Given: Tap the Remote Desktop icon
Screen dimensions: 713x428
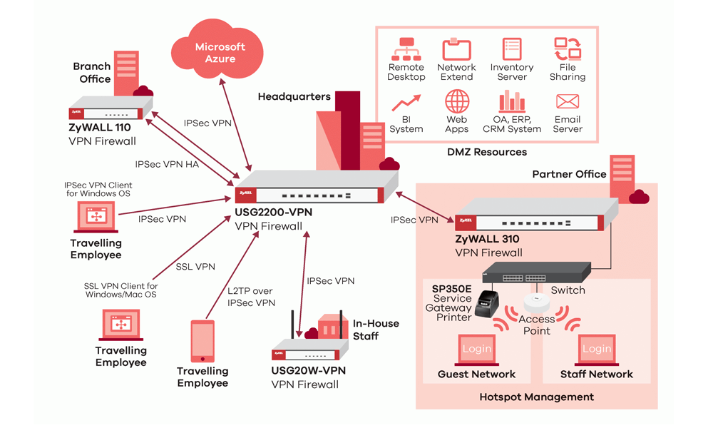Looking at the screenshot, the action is click(406, 49).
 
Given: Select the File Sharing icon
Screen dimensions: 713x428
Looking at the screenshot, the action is click(568, 49).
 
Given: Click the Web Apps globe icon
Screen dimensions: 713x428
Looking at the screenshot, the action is click(456, 101).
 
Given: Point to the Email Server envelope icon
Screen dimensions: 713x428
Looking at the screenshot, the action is click(568, 101).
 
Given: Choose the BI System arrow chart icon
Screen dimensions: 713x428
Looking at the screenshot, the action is click(406, 103).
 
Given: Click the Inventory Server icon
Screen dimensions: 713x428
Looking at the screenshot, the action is click(511, 49).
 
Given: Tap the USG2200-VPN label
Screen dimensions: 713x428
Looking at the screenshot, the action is click(273, 212).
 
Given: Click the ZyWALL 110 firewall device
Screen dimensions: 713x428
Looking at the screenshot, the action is click(111, 108).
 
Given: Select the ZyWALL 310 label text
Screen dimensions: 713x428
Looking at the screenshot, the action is click(487, 239).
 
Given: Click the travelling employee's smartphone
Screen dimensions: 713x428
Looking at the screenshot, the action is click(202, 341).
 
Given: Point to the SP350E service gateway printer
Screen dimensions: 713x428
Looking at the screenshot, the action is click(486, 303).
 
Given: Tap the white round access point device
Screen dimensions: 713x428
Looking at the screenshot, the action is click(537, 302).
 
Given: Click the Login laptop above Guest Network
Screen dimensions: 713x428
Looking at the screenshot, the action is click(476, 350).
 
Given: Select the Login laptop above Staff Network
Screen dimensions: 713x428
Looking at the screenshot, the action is click(597, 350).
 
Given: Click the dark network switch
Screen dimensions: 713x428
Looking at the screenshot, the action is click(537, 272).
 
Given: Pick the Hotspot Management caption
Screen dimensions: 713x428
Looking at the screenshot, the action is click(537, 397).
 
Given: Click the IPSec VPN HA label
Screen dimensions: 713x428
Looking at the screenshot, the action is click(167, 164).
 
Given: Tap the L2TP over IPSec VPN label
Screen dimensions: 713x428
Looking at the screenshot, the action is click(251, 297).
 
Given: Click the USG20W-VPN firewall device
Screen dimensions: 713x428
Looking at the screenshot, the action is click(310, 350).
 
